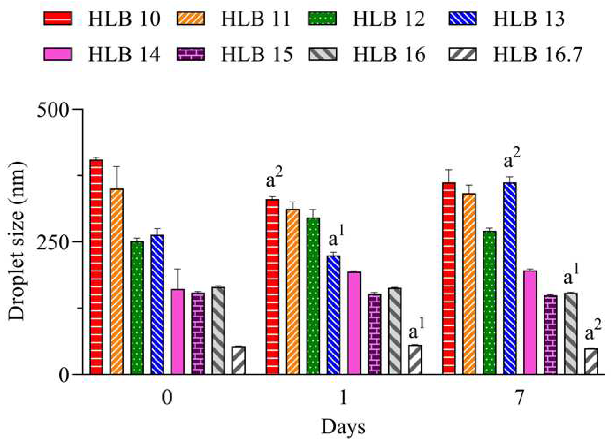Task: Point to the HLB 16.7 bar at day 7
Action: (x=591, y=361)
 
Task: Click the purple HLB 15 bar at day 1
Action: (x=374, y=334)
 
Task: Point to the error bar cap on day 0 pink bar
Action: (x=178, y=269)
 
